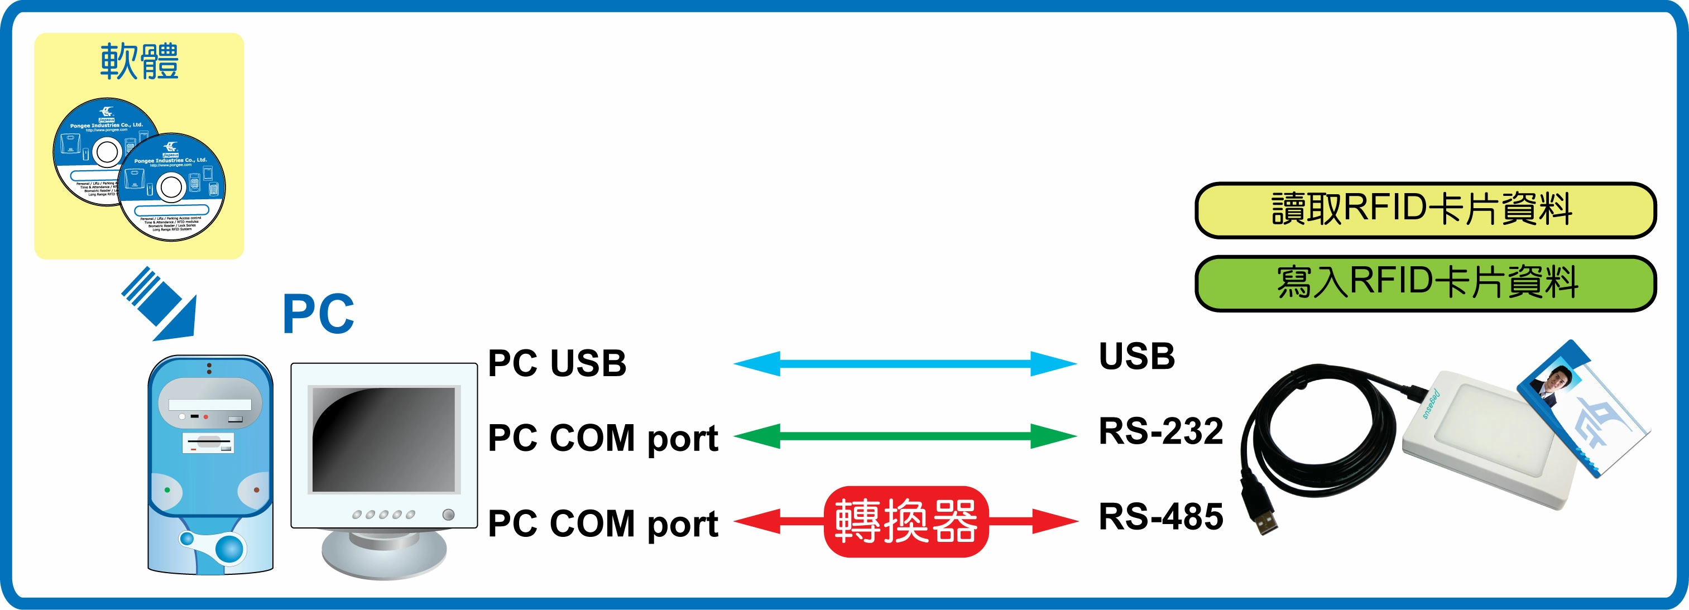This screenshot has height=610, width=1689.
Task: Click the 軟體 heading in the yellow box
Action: point(139,61)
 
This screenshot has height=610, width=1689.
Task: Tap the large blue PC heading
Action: point(318,314)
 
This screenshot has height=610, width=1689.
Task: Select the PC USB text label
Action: point(556,363)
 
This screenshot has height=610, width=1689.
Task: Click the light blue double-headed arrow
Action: point(905,363)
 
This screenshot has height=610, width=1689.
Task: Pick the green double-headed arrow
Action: point(905,436)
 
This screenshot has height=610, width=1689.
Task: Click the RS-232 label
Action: point(1160,431)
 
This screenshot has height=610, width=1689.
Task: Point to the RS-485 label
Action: point(1160,517)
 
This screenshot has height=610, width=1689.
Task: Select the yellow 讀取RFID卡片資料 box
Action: point(1425,210)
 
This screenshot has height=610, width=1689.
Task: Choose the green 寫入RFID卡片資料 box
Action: point(1425,283)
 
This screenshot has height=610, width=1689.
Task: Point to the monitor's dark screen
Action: point(383,439)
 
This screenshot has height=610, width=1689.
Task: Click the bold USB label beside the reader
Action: point(1136,357)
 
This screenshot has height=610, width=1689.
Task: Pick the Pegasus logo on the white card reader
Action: point(1431,404)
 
